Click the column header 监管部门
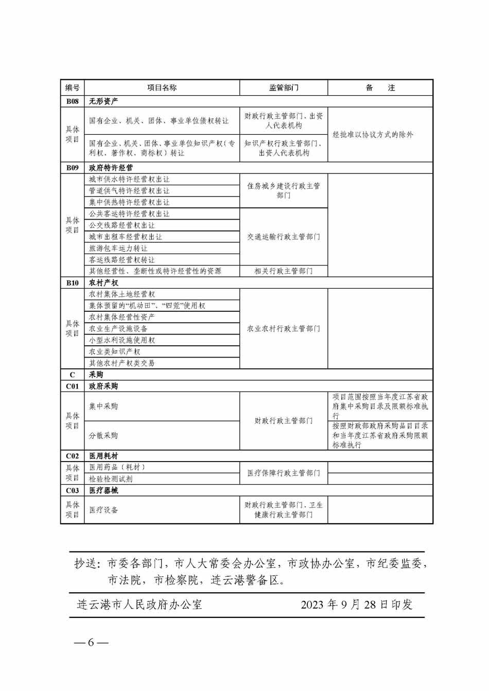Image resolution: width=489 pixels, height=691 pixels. pyautogui.click(x=284, y=88)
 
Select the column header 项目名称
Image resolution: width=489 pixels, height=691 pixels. pyautogui.click(x=162, y=88)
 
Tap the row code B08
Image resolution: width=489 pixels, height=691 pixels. pyautogui.click(x=72, y=101)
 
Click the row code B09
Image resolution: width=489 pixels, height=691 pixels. pyautogui.click(x=72, y=168)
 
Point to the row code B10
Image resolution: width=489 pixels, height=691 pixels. pyautogui.click(x=72, y=283)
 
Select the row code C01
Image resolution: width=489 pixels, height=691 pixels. pyautogui.click(x=72, y=386)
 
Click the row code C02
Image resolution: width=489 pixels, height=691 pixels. pyautogui.click(x=72, y=456)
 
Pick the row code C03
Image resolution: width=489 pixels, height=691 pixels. pyautogui.click(x=72, y=490)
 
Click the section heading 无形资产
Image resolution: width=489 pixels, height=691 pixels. pyautogui.click(x=103, y=101)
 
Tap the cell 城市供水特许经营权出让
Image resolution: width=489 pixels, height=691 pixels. pyautogui.click(x=129, y=180)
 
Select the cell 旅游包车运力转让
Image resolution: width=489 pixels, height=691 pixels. pyautogui.click(x=118, y=249)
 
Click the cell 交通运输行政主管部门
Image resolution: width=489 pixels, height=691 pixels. pyautogui.click(x=284, y=237)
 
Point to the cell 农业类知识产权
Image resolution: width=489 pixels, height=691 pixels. pyautogui.click(x=114, y=352)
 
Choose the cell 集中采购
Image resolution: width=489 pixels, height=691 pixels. pyautogui.click(x=103, y=406)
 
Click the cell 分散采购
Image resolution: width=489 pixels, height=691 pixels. pyautogui.click(x=103, y=435)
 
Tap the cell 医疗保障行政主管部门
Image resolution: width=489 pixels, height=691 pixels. pyautogui.click(x=284, y=473)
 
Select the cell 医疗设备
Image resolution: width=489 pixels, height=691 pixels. pyautogui.click(x=103, y=510)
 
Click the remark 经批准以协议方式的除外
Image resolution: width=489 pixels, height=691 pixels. pyautogui.click(x=373, y=135)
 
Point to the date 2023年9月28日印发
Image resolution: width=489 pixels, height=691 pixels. pyautogui.click(x=357, y=605)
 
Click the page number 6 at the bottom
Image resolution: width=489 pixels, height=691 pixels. pyautogui.click(x=91, y=643)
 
